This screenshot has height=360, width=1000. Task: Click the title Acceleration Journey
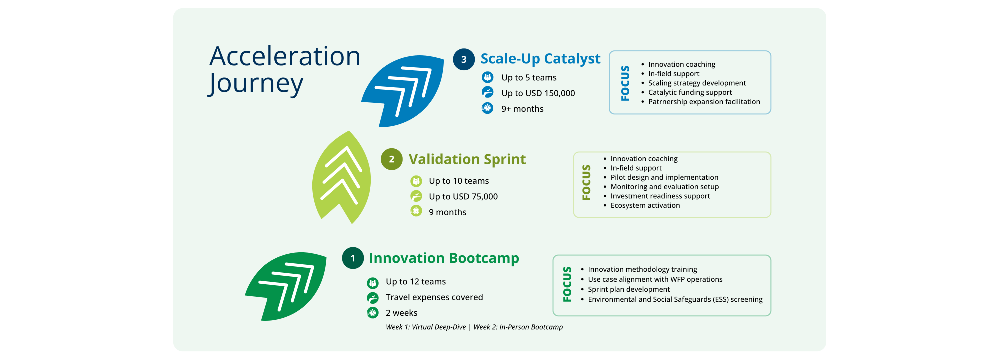pyautogui.click(x=285, y=70)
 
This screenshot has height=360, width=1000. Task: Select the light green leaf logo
pyautogui.click(x=342, y=177)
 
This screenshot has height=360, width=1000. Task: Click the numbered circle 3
pyautogui.click(x=464, y=59)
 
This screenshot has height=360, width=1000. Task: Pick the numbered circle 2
pyautogui.click(x=392, y=159)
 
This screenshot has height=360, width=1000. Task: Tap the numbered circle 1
pyautogui.click(x=353, y=258)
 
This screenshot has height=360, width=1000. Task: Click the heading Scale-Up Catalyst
pyautogui.click(x=540, y=59)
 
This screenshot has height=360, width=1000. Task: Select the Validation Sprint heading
pyautogui.click(x=467, y=159)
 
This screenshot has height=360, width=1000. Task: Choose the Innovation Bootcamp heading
pyautogui.click(x=444, y=258)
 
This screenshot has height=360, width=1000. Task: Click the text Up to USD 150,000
pyautogui.click(x=538, y=93)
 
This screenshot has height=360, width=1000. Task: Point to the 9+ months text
pyautogui.click(x=522, y=109)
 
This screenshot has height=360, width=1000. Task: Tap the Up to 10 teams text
pyautogui.click(x=459, y=181)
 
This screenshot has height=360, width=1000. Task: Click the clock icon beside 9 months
pyautogui.click(x=416, y=211)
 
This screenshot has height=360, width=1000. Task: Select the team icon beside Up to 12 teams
pyautogui.click(x=373, y=283)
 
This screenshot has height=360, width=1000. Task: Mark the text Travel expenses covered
pyautogui.click(x=434, y=297)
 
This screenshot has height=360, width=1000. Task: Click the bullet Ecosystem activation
pyautogui.click(x=645, y=205)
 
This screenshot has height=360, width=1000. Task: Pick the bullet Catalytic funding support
pyautogui.click(x=690, y=92)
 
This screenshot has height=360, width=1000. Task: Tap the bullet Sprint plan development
pyautogui.click(x=629, y=289)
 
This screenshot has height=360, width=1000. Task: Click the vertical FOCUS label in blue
pyautogui.click(x=625, y=83)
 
